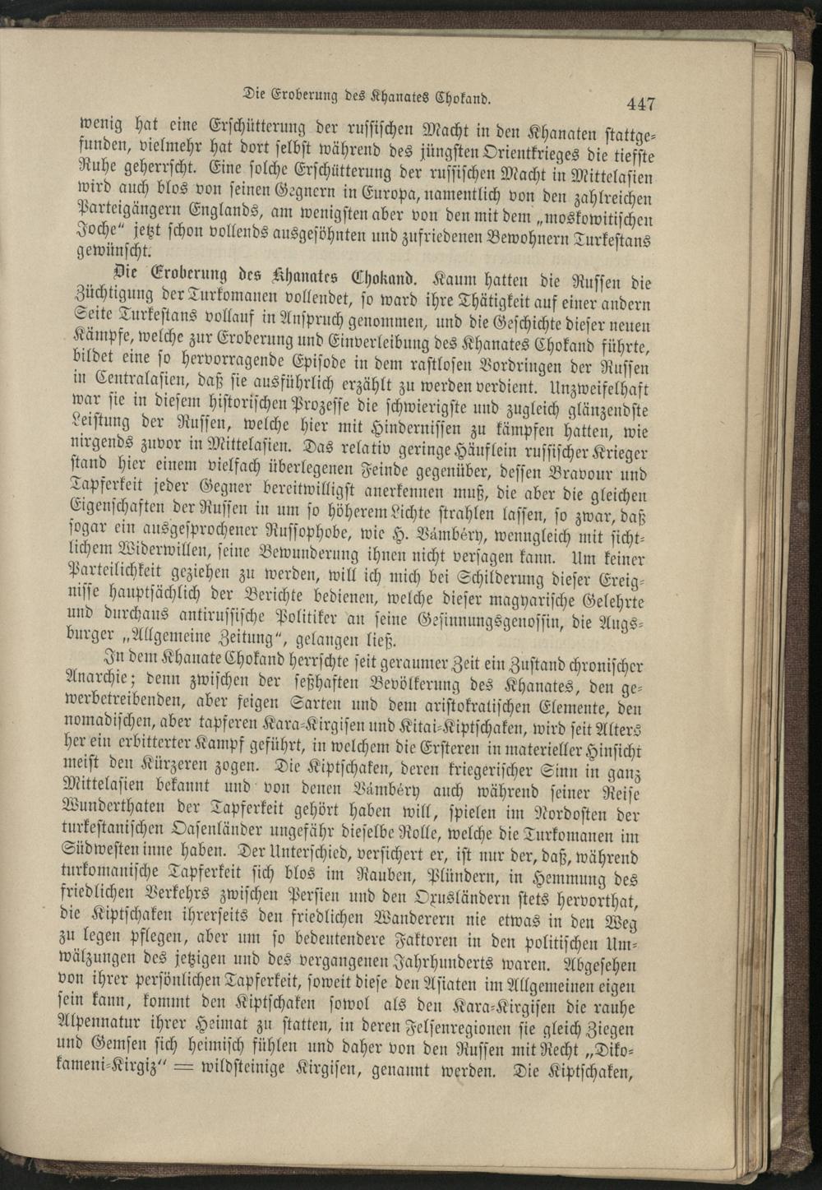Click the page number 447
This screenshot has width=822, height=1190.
pos(640,104)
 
